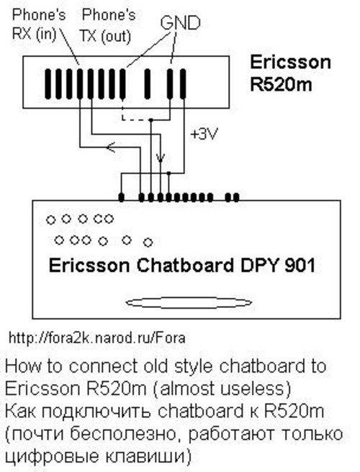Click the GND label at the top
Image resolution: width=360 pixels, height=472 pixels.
pos(180,22)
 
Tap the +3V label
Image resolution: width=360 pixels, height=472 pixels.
pos(204,135)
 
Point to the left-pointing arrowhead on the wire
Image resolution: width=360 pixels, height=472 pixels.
pos(111,147)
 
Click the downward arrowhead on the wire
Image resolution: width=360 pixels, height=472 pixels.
pos(161,158)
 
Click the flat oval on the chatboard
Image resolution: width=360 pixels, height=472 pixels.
pos(189,303)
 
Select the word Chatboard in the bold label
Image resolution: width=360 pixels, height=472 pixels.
pos(185,265)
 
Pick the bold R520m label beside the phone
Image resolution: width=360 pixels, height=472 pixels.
pos(281,85)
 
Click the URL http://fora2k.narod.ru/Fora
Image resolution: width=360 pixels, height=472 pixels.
pos(96,337)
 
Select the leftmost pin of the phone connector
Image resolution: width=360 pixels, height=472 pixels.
pos(48,83)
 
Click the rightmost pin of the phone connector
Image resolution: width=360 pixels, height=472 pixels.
pos(183,83)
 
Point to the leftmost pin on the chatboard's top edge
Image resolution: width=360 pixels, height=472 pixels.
pos(122,197)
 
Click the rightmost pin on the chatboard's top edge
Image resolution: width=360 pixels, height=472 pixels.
pos(236,197)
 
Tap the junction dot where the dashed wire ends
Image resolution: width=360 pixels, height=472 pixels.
pos(151,120)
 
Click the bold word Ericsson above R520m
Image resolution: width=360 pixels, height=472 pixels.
pos(290,63)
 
